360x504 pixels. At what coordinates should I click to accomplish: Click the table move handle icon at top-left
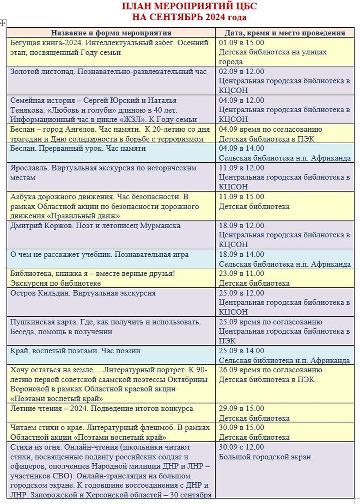pyautogui.click(x=3, y=23)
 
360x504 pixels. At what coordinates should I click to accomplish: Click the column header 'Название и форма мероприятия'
pyautogui.click(x=111, y=33)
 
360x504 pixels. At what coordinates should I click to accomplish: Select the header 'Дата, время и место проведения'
pyautogui.click(x=285, y=33)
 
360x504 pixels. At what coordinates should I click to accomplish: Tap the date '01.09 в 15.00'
pyautogui.click(x=241, y=42)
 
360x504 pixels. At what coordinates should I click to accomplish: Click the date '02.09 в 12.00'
pyautogui.click(x=241, y=71)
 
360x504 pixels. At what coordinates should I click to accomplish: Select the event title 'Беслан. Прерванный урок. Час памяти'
pyautogui.click(x=78, y=148)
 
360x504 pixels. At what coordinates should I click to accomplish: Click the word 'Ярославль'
pyautogui.click(x=29, y=168)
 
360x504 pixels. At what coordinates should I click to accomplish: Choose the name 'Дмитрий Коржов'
pyautogui.click(x=41, y=225)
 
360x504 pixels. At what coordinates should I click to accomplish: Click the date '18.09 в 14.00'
pyautogui.click(x=241, y=254)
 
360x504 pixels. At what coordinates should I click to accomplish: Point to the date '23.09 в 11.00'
pyautogui.click(x=241, y=273)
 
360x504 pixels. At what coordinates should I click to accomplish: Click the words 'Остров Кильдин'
pyautogui.click(x=40, y=293)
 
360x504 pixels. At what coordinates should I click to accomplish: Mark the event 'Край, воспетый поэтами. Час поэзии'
pyautogui.click(x=75, y=351)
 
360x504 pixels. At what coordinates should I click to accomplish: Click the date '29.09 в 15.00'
pyautogui.click(x=241, y=408)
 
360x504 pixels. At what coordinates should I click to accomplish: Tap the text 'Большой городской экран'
pyautogui.click(x=265, y=457)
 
